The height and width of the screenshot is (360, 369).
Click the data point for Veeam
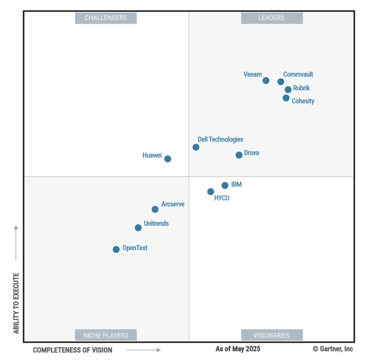(266, 81)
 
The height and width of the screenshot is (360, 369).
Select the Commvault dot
(281, 82)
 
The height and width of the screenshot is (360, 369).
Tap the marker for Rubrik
(288, 90)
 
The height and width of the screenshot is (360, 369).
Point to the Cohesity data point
(286, 98)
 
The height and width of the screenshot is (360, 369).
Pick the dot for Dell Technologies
(196, 147)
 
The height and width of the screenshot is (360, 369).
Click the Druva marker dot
(239, 155)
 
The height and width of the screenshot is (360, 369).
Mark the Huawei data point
(168, 159)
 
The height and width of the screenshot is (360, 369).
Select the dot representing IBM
(225, 185)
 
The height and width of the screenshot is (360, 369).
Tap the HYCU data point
(211, 192)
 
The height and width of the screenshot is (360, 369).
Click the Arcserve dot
(155, 209)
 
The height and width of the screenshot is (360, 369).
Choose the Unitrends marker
(138, 228)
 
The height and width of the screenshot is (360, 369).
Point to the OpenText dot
(116, 249)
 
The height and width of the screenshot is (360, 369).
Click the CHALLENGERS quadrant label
(106, 18)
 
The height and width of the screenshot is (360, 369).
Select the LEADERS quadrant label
(272, 18)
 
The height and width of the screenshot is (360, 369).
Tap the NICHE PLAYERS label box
(106, 335)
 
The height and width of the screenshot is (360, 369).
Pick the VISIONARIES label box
(272, 335)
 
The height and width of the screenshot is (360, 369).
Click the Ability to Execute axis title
(16, 303)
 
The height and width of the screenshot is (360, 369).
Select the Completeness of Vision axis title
(73, 350)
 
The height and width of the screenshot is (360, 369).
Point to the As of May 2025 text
(238, 349)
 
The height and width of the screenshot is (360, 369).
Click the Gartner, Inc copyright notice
(333, 349)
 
